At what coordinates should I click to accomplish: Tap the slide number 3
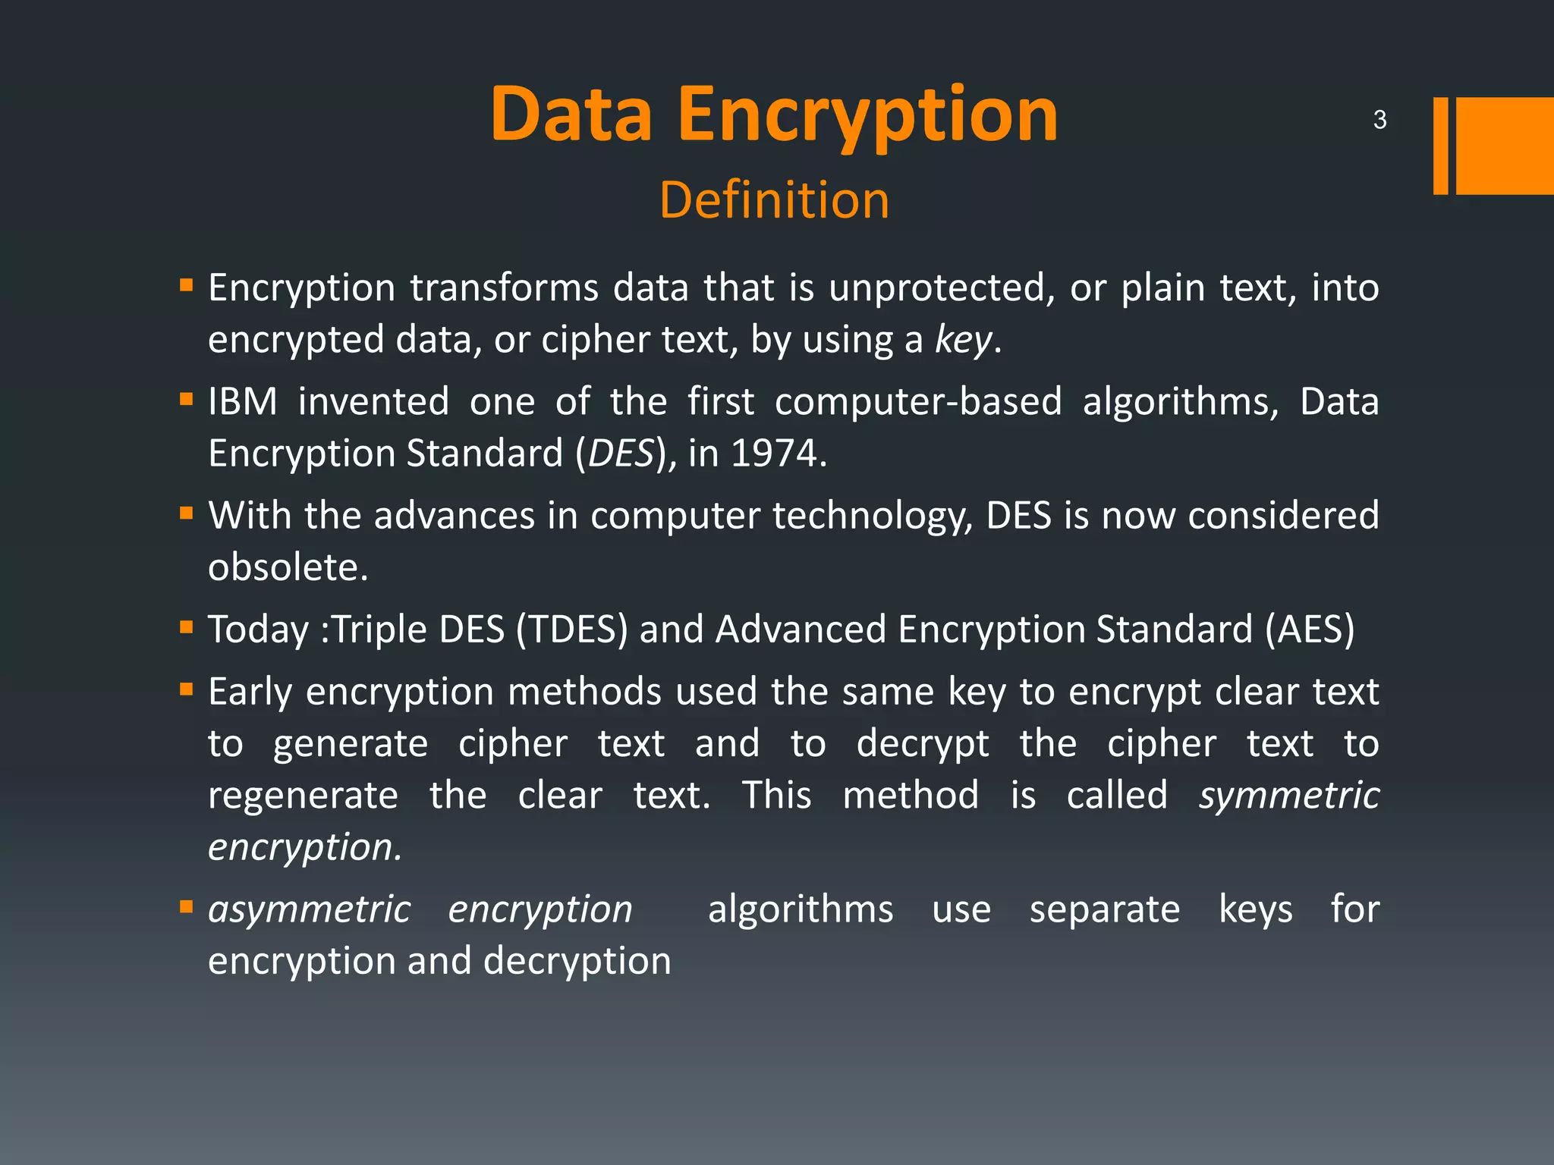pyautogui.click(x=1379, y=120)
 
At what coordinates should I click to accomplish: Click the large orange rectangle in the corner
pyautogui.click(x=1505, y=146)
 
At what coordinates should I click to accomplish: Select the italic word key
pyautogui.click(x=962, y=339)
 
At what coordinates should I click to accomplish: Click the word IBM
pyautogui.click(x=243, y=401)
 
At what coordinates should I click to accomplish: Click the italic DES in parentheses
pyautogui.click(x=620, y=454)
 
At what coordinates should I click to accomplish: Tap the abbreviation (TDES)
pyautogui.click(x=572, y=630)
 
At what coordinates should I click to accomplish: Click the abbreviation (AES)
pyautogui.click(x=1310, y=630)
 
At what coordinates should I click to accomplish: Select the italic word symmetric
pyautogui.click(x=1288, y=795)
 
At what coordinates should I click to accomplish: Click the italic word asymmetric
pyautogui.click(x=310, y=909)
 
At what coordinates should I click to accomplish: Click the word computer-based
pyautogui.click(x=918, y=401)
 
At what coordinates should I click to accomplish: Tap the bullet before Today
pyautogui.click(x=187, y=627)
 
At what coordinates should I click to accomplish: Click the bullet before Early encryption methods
pyautogui.click(x=187, y=689)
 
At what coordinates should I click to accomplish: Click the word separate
pyautogui.click(x=1105, y=909)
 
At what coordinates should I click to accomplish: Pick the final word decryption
pyautogui.click(x=577, y=961)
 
